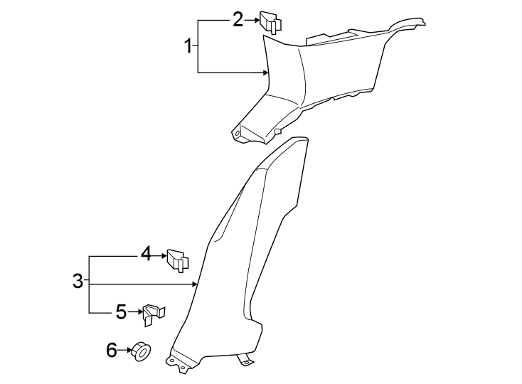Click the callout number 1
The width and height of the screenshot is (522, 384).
pos(188,48)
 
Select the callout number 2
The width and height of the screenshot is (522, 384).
pos(238,19)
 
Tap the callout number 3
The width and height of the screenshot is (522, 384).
pos(78,282)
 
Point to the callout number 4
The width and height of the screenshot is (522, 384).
pos(145,253)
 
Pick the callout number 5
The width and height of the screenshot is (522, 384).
pos(121,311)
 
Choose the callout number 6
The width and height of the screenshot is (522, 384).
pos(111,349)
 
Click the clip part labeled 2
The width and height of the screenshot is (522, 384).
pos(270,21)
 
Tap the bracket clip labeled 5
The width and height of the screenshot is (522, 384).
pos(153,313)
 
